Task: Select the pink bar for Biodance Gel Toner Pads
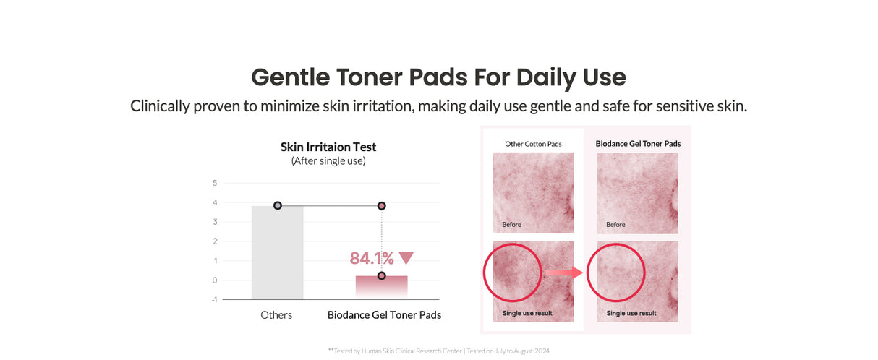[381, 286]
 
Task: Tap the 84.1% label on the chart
[372, 259]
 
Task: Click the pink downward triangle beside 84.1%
[406, 258]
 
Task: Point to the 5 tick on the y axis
[215, 183]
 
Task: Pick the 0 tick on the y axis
[215, 280]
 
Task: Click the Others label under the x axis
[276, 315]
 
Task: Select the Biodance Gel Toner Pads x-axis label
[384, 315]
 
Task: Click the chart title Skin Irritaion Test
[328, 147]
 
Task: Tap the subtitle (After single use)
[328, 161]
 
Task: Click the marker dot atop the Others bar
[278, 206]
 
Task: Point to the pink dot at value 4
[381, 206]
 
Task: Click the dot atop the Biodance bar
[381, 275]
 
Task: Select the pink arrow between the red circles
[563, 273]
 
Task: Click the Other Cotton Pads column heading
[533, 144]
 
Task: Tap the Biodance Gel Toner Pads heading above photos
[638, 144]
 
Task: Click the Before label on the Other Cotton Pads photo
[511, 225]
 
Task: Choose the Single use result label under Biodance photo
[631, 313]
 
